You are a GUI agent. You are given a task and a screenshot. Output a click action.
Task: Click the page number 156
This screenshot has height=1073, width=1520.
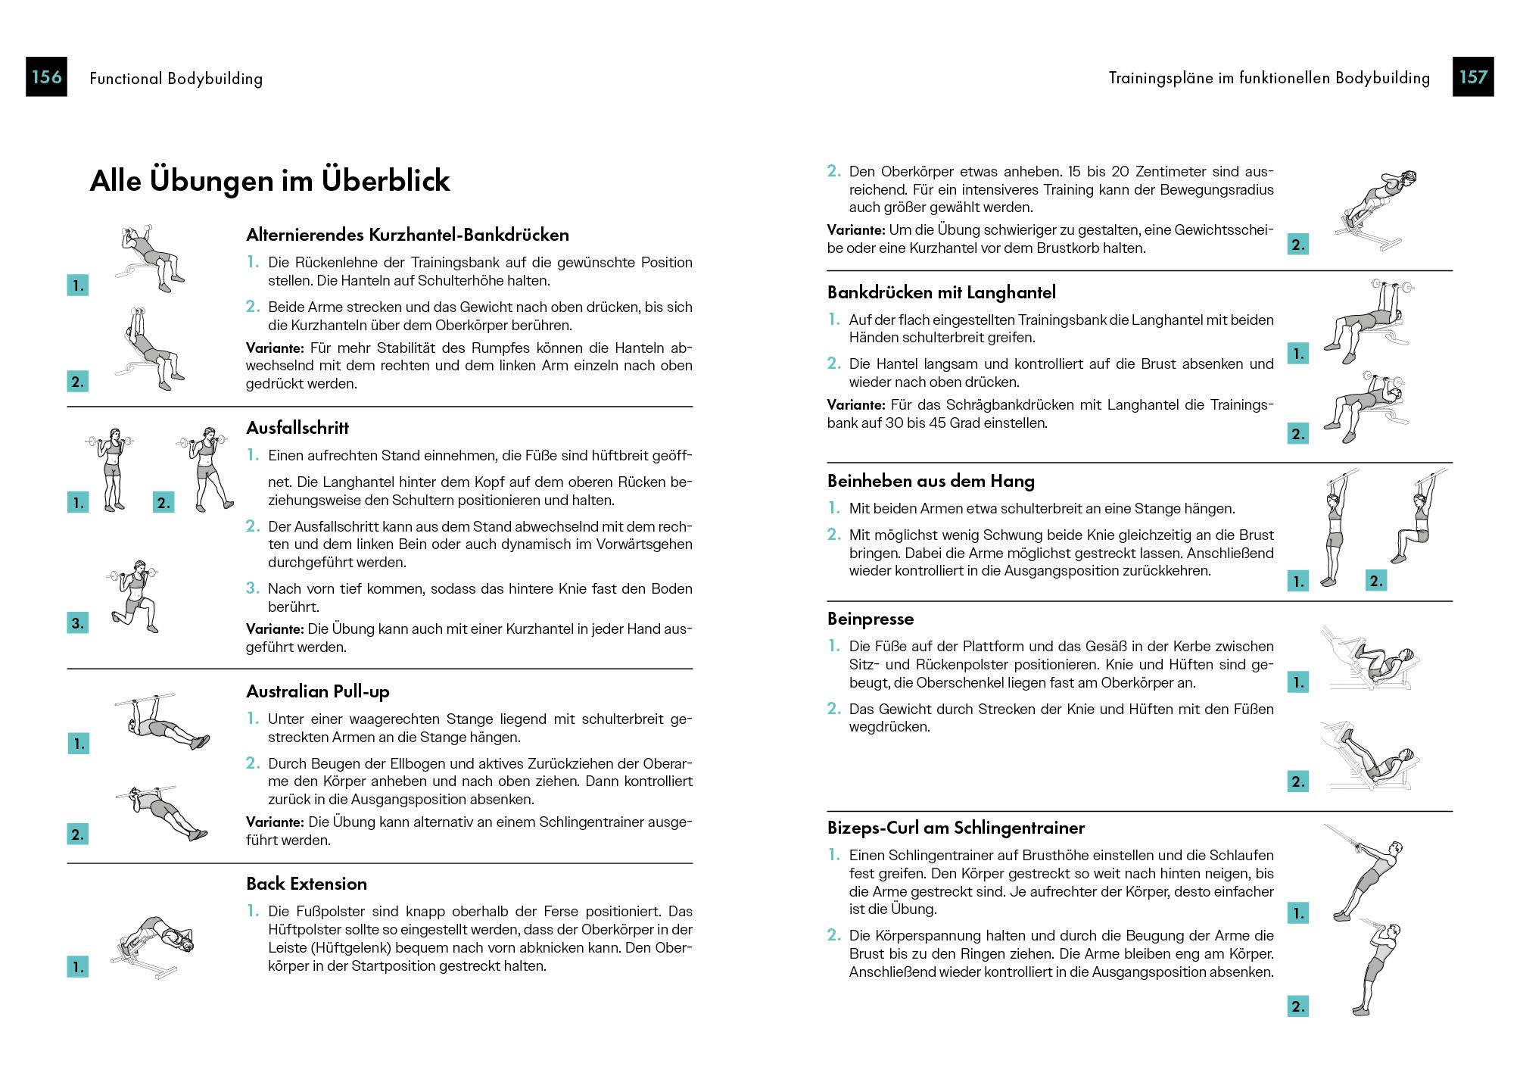(46, 77)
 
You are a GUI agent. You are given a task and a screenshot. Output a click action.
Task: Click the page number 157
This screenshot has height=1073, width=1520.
(1472, 77)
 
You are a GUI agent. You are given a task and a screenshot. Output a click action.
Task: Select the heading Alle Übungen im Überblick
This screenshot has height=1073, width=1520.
(269, 181)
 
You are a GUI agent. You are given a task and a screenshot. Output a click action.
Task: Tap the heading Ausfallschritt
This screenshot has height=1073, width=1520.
(297, 428)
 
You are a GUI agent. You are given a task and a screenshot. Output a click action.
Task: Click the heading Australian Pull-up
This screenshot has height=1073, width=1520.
(317, 691)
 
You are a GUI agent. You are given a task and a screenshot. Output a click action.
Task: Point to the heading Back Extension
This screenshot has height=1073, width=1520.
(306, 884)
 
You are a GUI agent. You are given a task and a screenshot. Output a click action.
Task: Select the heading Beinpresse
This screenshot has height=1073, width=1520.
(870, 619)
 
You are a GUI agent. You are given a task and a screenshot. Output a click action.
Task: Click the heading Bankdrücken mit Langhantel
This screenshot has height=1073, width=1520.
(941, 292)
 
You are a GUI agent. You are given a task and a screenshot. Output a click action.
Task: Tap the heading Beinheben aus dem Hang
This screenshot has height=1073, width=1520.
(930, 481)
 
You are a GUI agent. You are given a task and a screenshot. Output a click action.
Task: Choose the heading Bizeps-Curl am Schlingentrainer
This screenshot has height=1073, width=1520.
(955, 828)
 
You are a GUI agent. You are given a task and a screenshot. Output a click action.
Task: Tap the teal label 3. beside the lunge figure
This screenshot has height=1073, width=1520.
(77, 623)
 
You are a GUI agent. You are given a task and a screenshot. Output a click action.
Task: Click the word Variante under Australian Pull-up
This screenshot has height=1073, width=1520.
(274, 822)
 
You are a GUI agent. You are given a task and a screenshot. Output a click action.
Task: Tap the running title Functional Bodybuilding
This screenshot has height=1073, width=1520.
(176, 78)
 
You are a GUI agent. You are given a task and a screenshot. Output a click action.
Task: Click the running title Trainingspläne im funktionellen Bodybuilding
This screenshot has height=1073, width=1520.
(1269, 78)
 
